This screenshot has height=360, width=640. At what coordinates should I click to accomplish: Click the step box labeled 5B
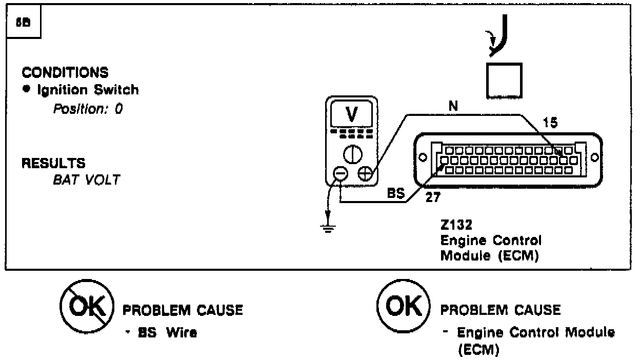[23, 24]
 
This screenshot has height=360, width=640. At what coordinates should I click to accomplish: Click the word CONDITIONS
[65, 72]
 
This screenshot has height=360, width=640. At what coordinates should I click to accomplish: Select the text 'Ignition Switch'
[88, 90]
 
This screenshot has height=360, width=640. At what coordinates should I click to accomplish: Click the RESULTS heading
[53, 164]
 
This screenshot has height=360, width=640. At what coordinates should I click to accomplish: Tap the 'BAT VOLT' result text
[86, 180]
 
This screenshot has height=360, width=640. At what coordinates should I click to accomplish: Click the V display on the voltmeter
[351, 115]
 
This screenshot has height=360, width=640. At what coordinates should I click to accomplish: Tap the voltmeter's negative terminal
[341, 174]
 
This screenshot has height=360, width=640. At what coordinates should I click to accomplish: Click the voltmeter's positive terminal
[365, 174]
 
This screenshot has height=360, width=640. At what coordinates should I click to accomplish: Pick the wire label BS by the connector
[396, 195]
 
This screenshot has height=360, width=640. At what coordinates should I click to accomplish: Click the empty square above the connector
[504, 80]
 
